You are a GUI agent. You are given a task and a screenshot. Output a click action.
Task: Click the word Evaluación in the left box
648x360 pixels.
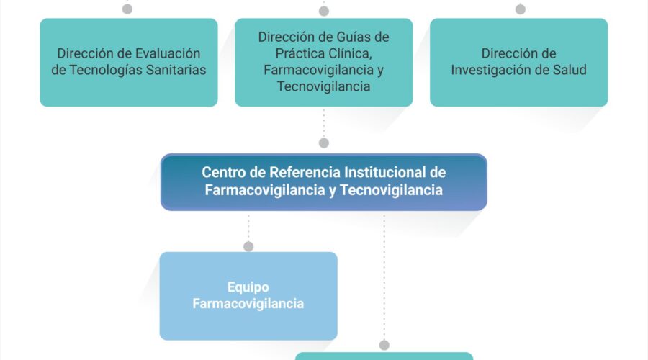click(x=168, y=53)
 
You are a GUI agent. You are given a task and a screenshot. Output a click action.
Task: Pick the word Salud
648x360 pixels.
click(x=570, y=70)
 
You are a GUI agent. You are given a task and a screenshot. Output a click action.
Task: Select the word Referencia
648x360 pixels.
click(x=305, y=172)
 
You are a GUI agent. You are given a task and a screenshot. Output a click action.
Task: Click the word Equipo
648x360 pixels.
click(x=248, y=287)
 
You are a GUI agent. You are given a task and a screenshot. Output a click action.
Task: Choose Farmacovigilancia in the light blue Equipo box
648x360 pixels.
click(x=248, y=304)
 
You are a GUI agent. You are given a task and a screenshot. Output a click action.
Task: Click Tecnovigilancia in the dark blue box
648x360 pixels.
click(x=391, y=190)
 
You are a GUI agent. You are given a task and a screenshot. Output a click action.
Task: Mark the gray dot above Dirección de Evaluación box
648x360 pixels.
click(x=127, y=9)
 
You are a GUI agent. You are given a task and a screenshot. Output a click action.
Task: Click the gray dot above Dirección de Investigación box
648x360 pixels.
click(x=521, y=9)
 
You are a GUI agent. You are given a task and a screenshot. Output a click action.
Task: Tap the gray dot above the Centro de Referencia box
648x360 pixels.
click(x=324, y=143)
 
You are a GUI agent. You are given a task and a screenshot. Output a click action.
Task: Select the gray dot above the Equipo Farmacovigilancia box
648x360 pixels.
click(x=248, y=247)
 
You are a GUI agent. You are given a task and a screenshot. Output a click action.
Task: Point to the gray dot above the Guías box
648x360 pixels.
click(x=324, y=11)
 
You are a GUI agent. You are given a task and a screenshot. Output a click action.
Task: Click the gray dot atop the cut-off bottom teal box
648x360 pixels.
click(x=384, y=345)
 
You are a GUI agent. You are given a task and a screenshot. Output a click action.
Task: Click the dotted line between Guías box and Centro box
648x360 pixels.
click(x=324, y=122)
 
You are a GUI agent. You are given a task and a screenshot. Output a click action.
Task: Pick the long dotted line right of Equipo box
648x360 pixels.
click(x=384, y=276)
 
